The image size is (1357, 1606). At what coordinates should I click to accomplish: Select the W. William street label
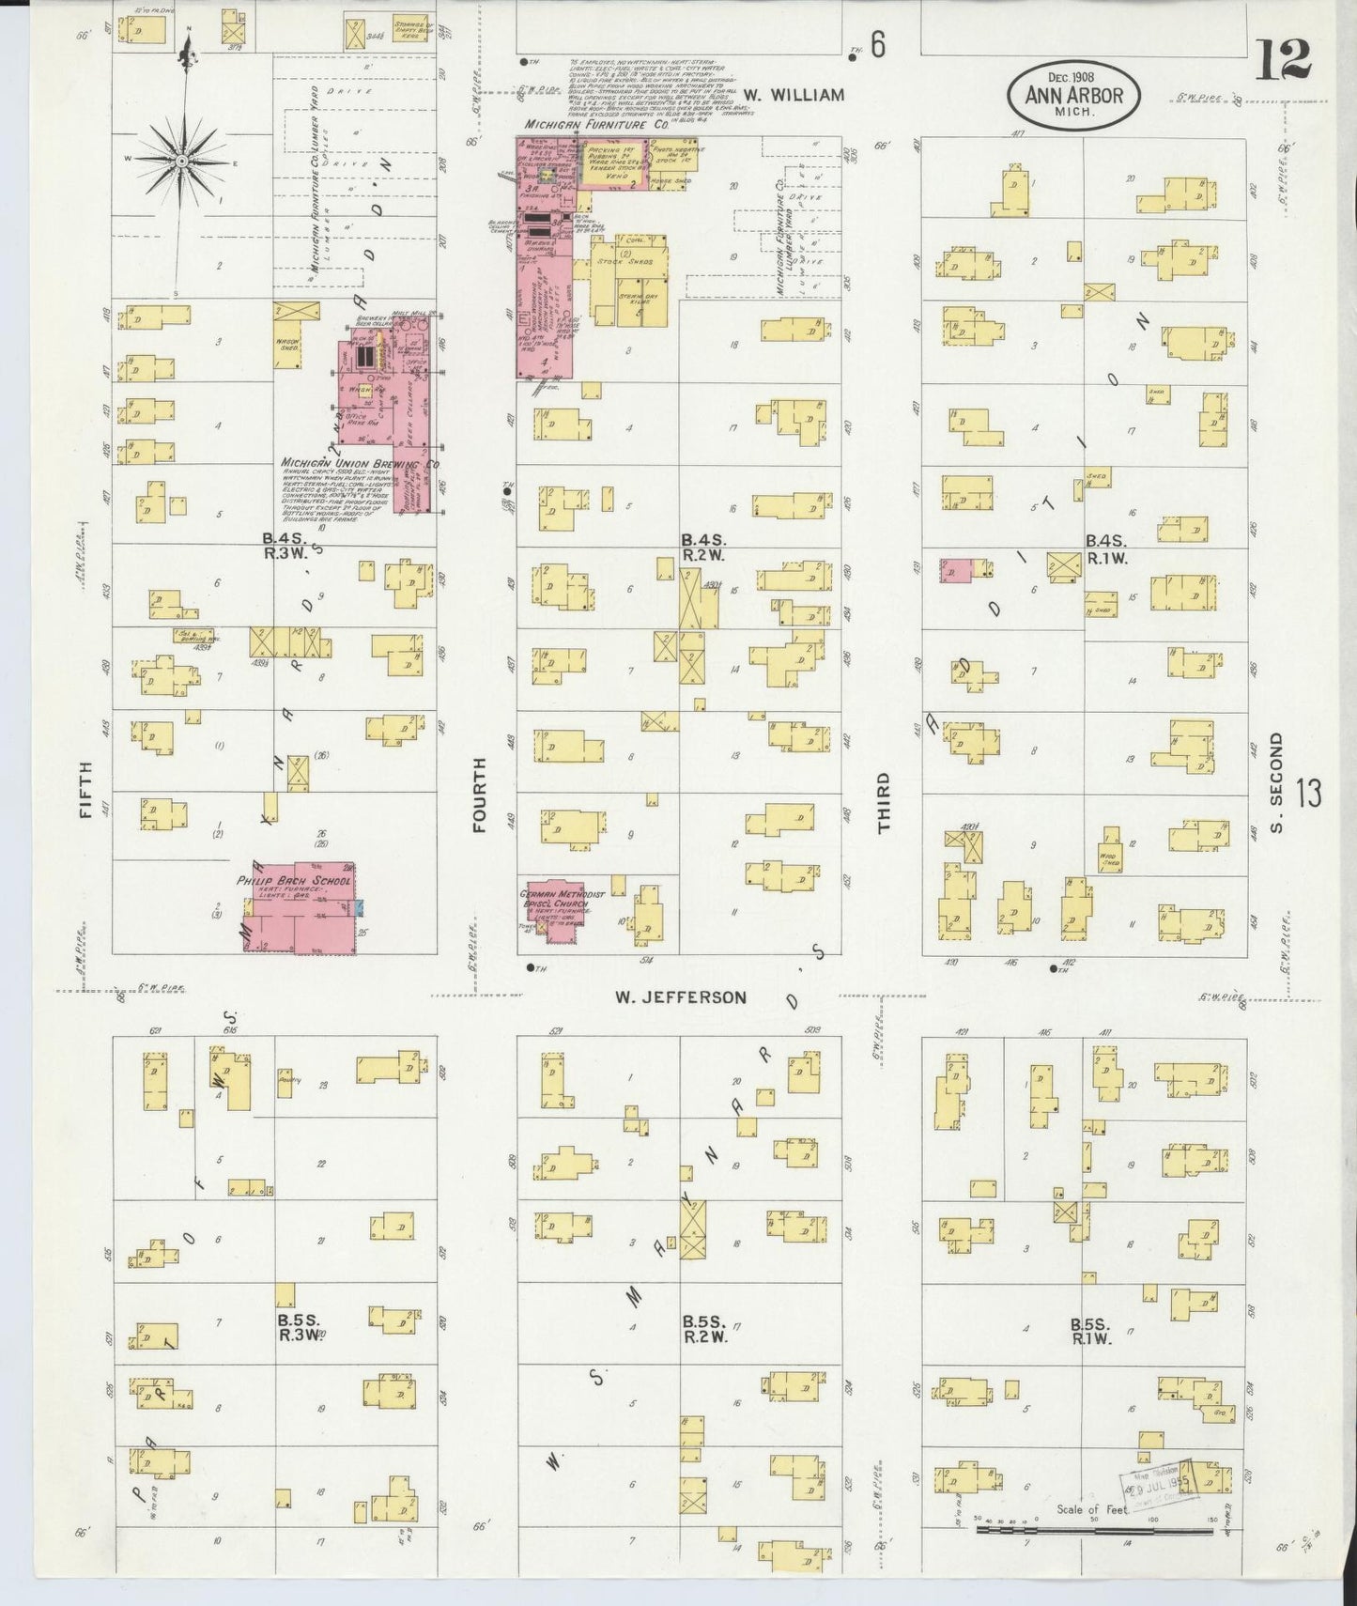(x=794, y=95)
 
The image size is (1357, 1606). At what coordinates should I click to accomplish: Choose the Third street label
(x=884, y=803)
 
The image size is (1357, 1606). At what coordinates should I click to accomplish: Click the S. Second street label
(x=1274, y=781)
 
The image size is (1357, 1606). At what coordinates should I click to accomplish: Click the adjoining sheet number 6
(x=876, y=46)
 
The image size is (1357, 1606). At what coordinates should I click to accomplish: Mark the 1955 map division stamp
(x=1155, y=1482)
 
